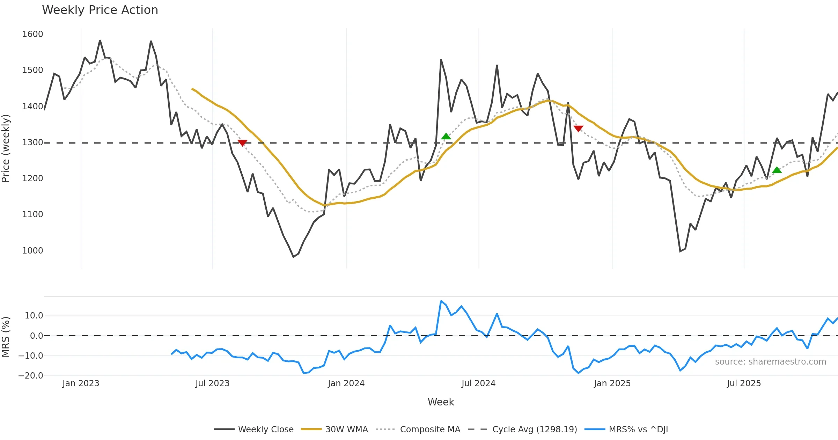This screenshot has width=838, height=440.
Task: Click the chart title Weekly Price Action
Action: click(x=100, y=10)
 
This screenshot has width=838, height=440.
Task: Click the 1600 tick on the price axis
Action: click(x=32, y=34)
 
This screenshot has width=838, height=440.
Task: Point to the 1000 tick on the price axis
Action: click(x=32, y=250)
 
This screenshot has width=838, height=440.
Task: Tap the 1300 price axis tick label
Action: click(x=32, y=142)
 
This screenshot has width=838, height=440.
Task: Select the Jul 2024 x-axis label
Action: click(x=478, y=383)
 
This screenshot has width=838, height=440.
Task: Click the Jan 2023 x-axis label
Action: click(x=81, y=383)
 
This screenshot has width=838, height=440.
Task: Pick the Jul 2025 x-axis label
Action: click(x=744, y=383)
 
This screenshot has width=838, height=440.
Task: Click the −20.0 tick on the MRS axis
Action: click(x=31, y=376)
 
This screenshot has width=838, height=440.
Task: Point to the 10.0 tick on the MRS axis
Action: click(x=34, y=316)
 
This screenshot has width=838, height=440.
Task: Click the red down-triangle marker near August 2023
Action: click(x=242, y=142)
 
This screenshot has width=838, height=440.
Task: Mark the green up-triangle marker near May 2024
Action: click(x=446, y=136)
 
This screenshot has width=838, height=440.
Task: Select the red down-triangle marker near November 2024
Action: click(x=578, y=129)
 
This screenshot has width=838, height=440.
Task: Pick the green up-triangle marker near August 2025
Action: click(x=777, y=170)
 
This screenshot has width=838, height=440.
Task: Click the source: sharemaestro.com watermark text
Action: click(x=770, y=362)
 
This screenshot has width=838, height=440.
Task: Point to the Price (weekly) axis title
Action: click(x=6, y=148)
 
